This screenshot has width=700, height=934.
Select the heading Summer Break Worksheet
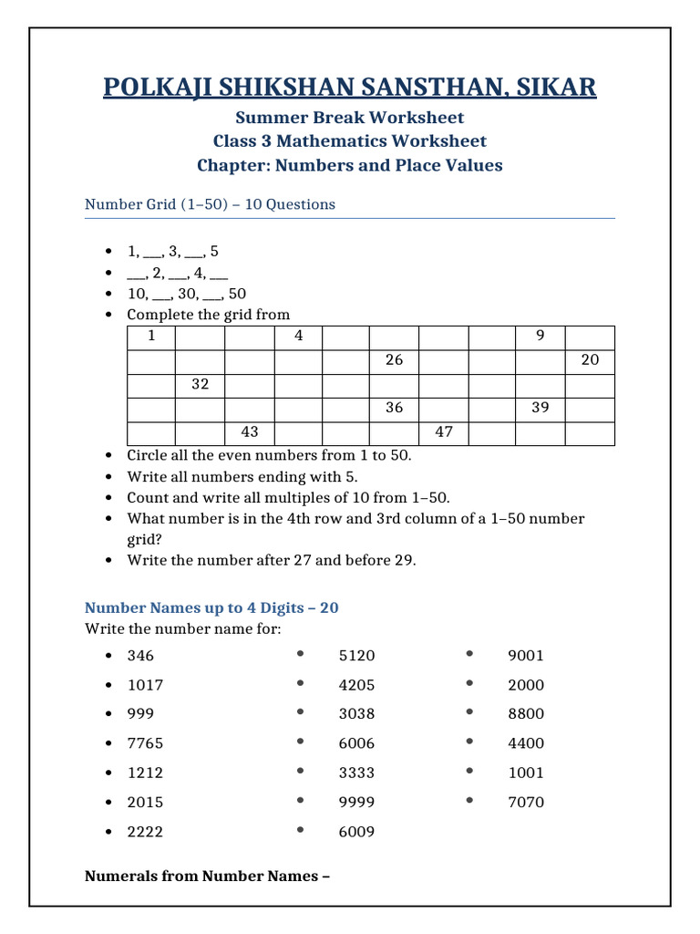click(350, 118)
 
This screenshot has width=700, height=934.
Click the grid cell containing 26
click(394, 360)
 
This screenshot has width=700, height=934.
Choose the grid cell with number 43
click(249, 432)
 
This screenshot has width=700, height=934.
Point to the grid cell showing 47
click(444, 432)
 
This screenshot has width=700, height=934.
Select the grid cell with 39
click(540, 408)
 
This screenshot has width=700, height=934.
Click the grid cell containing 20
click(590, 360)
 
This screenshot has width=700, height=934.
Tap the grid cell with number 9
click(540, 337)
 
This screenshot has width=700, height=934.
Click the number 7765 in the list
click(145, 743)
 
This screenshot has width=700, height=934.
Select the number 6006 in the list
click(356, 743)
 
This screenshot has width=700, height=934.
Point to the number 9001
click(526, 656)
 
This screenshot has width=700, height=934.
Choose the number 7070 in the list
click(526, 802)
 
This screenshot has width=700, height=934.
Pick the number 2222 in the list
click(145, 832)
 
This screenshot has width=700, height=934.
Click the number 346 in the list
click(140, 656)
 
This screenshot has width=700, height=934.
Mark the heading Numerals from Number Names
click(207, 877)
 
